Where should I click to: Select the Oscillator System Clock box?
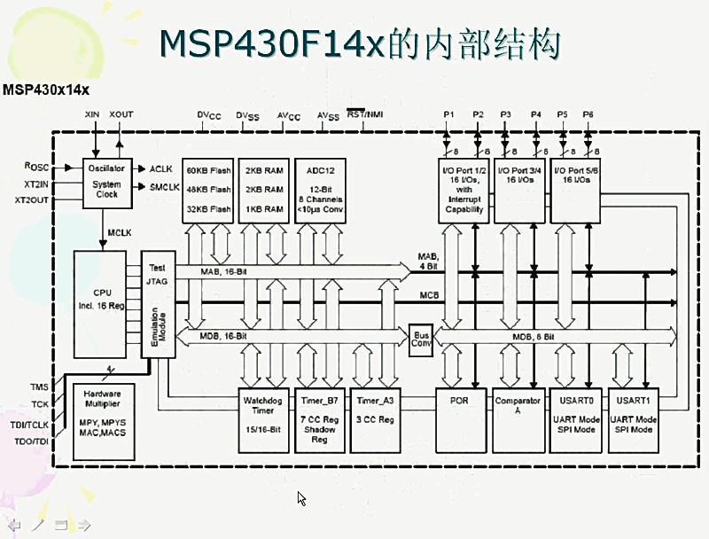tap(107, 181)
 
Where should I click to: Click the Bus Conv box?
tap(421, 340)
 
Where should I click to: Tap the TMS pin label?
tap(39, 387)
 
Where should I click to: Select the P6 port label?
tap(588, 115)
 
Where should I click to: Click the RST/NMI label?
tap(365, 114)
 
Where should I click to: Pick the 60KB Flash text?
tap(208, 169)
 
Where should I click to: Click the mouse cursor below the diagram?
tap(301, 498)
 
